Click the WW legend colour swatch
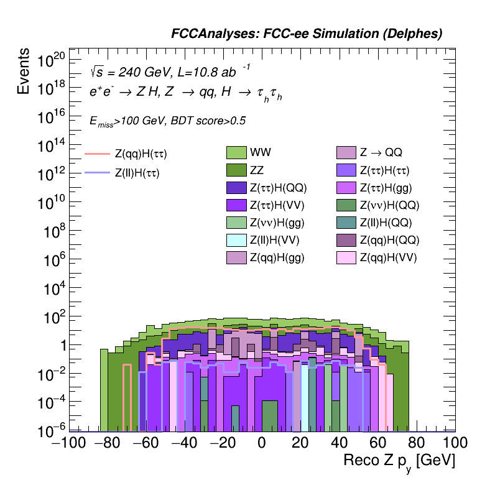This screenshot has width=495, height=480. pyautogui.click(x=238, y=152)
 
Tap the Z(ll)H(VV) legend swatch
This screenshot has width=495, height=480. pyautogui.click(x=238, y=239)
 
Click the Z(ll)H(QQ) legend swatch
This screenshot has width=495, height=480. pyautogui.click(x=347, y=222)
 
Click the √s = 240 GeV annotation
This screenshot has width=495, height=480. pyautogui.click(x=129, y=72)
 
